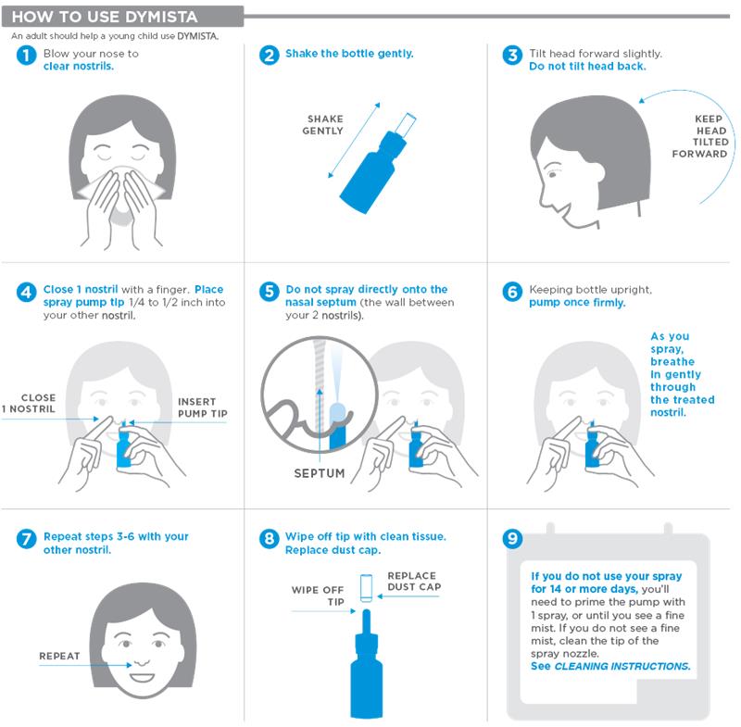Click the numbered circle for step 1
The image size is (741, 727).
[x=26, y=56]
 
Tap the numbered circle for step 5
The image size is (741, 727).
[x=269, y=292]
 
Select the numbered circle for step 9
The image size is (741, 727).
[x=511, y=538]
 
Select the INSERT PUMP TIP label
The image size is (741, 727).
[x=201, y=407]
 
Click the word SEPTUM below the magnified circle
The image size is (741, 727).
[x=319, y=473]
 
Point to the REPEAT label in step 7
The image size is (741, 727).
[x=58, y=656]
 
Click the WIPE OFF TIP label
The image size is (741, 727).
[x=318, y=595]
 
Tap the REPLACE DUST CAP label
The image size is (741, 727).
[x=413, y=582]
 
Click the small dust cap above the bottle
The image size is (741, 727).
[x=367, y=585]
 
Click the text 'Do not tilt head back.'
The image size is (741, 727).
[x=587, y=67]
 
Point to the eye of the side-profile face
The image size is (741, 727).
[x=552, y=170]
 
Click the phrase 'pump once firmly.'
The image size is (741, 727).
[x=577, y=303]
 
